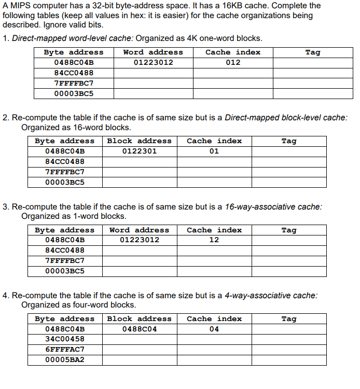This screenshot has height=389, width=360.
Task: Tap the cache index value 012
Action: [233, 62]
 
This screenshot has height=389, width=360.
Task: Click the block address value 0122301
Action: [139, 151]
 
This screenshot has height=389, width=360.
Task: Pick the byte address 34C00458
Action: [65, 339]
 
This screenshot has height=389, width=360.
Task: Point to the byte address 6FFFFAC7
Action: [65, 350]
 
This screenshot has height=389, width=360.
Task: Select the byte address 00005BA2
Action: [65, 360]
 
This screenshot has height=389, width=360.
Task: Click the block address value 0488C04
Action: [139, 329]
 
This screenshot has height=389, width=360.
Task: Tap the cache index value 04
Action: [214, 329]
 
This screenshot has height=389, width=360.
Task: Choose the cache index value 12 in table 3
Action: [214, 240]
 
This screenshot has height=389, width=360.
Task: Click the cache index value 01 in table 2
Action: [214, 151]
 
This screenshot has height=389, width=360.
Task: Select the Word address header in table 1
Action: [153, 52]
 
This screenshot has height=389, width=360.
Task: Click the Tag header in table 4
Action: [289, 318]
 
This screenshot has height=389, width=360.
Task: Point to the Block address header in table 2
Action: [139, 141]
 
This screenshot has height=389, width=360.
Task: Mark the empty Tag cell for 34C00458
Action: [289, 339]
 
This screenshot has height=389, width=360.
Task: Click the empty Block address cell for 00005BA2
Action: [139, 360]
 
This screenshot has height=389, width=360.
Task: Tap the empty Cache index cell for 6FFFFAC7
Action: [214, 350]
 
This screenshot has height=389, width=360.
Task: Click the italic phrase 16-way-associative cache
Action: [273, 206]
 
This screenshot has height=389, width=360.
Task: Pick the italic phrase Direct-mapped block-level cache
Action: [286, 118]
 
